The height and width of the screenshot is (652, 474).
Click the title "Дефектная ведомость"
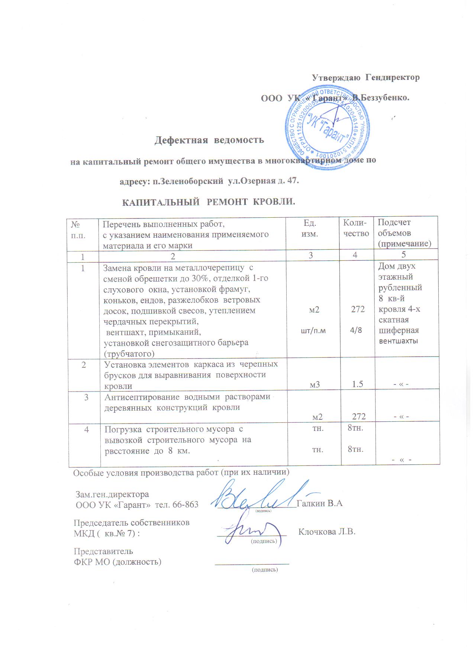209,140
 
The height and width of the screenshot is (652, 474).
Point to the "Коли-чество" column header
356,228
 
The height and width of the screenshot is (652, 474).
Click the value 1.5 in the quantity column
357,384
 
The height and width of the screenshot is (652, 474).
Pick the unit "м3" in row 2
315,385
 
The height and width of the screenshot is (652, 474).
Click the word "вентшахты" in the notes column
398,341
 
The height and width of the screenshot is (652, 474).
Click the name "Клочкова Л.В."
327,532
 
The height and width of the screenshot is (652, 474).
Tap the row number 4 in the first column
87,429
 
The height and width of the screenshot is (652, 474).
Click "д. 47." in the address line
288,182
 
